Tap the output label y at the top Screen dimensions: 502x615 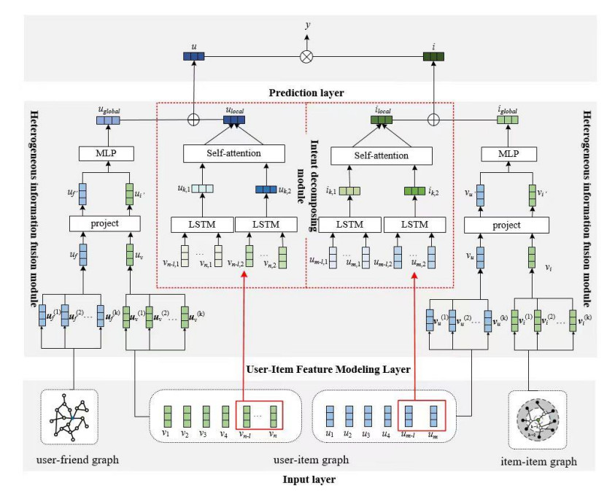tap(307, 25)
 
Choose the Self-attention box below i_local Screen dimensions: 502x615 tap(381, 155)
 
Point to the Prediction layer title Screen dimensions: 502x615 tap(307, 93)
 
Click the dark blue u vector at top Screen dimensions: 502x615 tap(193, 55)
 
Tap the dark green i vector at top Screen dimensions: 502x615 tap(434, 55)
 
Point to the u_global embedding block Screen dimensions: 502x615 tap(107, 121)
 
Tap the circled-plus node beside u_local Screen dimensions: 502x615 tap(193, 120)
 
